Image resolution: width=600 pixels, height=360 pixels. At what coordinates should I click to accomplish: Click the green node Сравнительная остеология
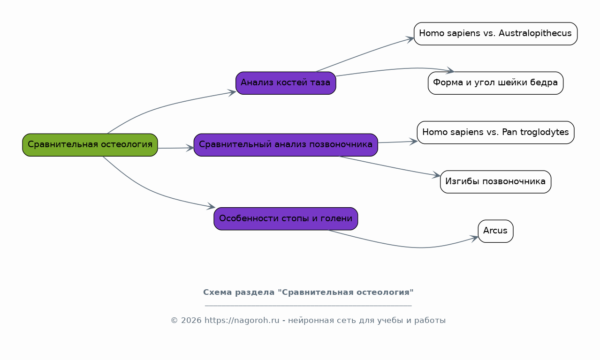click(x=90, y=145)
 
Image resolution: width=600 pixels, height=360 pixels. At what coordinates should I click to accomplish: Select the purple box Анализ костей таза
click(x=286, y=83)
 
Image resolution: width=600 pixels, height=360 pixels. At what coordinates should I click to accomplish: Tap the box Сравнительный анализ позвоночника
click(x=286, y=145)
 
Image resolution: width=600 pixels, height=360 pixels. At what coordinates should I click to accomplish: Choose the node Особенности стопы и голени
click(x=286, y=219)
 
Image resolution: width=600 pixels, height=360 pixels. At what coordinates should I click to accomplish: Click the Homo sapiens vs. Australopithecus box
click(x=495, y=34)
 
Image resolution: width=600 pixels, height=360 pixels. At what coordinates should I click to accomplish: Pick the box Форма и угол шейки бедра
click(x=495, y=83)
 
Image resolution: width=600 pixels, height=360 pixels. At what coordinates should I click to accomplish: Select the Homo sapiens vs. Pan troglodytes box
click(x=495, y=133)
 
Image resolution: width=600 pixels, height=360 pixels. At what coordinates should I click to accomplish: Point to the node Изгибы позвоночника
click(x=495, y=182)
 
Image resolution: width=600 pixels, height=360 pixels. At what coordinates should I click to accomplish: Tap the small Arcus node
click(x=495, y=231)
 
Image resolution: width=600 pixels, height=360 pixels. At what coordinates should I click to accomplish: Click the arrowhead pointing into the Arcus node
click(x=475, y=238)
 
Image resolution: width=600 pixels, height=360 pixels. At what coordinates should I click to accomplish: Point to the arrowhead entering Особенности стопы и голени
click(x=211, y=206)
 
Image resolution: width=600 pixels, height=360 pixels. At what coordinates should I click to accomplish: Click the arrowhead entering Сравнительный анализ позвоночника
click(x=190, y=148)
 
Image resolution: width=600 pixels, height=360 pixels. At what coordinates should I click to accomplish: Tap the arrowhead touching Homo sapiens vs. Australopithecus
click(x=410, y=39)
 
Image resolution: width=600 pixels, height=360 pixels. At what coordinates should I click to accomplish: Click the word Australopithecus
click(x=535, y=33)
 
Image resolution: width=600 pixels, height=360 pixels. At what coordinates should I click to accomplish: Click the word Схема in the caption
click(x=218, y=292)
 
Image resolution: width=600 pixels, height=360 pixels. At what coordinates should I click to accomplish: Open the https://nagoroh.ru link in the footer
click(x=242, y=320)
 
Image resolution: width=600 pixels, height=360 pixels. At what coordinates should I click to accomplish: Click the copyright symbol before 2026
click(x=175, y=321)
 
